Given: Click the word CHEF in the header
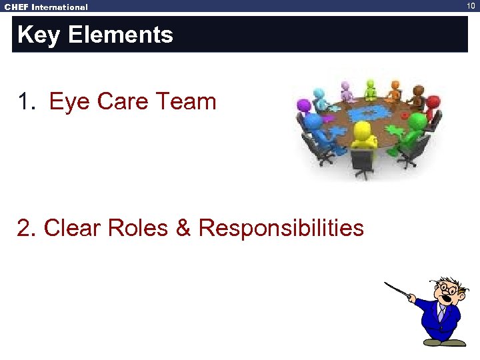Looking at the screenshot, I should [x=16, y=7].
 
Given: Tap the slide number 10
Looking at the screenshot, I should [x=472, y=6].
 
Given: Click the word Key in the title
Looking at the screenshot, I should [x=37, y=35].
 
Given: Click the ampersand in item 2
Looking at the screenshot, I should [x=183, y=228].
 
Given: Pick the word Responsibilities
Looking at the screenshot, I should [x=281, y=228].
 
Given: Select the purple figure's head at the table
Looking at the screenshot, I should [x=304, y=105].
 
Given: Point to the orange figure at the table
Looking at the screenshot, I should [x=395, y=89].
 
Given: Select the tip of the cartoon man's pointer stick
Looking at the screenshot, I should [x=386, y=285].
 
